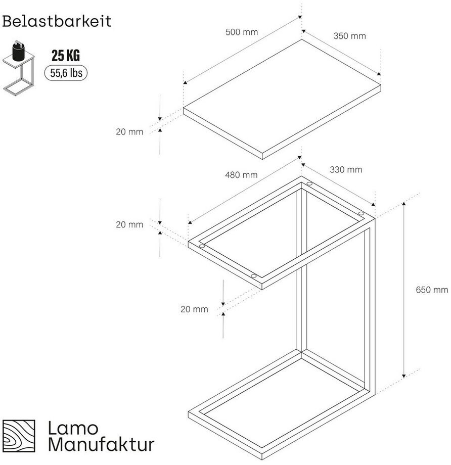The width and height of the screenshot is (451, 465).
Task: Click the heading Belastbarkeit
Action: pyautogui.click(x=57, y=21)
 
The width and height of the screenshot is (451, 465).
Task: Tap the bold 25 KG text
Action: pyautogui.click(x=66, y=56)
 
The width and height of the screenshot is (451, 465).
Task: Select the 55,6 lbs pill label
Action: pyautogui.click(x=66, y=73)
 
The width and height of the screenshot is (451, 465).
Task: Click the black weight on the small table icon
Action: pyautogui.click(x=18, y=50)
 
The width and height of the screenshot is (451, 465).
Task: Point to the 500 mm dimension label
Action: pyautogui.click(x=242, y=32)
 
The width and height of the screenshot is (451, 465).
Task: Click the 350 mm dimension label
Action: pyautogui.click(x=349, y=36)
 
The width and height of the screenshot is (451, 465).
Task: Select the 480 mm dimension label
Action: pyautogui.click(x=241, y=175)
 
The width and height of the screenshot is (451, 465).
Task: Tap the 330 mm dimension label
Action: pyautogui.click(x=346, y=170)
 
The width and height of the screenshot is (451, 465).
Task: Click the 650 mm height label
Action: pyautogui.click(x=432, y=290)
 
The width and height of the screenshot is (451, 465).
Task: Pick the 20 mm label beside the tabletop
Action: pyautogui.click(x=129, y=132)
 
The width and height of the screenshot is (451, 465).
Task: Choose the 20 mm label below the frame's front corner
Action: pyautogui.click(x=194, y=309)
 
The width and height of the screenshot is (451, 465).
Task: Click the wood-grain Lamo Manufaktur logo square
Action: pyautogui.click(x=19, y=436)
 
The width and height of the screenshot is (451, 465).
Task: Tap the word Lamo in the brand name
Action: pyautogui.click(x=73, y=428)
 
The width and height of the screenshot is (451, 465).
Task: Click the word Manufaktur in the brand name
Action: pyautogui.click(x=101, y=444)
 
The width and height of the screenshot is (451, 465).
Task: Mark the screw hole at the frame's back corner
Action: pyautogui.click(x=309, y=184)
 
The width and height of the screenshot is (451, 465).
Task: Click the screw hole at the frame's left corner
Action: pyautogui.click(x=202, y=247)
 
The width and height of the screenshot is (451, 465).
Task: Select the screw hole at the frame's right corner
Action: pyautogui.click(x=361, y=213)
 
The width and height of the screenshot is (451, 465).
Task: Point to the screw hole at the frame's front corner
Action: pyautogui.click(x=253, y=276)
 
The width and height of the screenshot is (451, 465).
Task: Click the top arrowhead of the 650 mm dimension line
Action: pyautogui.click(x=403, y=203)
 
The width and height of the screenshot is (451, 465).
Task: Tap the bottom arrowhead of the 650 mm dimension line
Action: pyautogui.click(x=403, y=376)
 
